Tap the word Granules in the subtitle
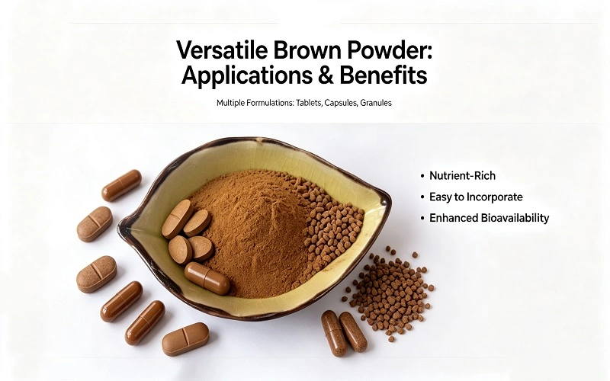pos(376,103)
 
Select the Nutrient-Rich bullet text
pos(462,176)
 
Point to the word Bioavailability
pos(515,218)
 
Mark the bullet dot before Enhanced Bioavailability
pos(422,218)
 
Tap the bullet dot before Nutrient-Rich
pos(422,176)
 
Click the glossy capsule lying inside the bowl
pos(207,278)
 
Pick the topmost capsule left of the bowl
pos(121,185)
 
